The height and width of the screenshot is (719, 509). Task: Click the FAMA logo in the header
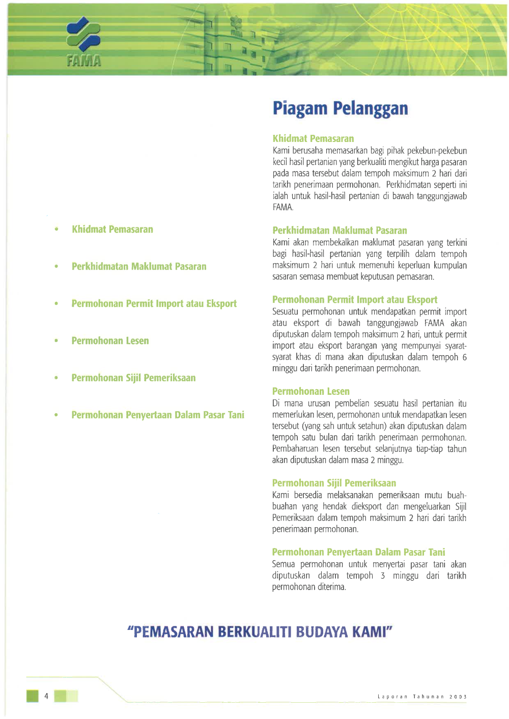83,42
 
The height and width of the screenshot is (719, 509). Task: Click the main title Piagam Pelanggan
340,108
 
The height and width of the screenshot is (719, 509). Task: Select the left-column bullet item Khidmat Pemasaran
112,229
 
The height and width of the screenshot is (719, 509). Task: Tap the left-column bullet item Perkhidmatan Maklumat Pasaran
139,267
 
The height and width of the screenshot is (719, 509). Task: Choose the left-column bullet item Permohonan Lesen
110,341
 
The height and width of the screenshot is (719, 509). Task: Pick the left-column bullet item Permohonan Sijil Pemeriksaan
133,378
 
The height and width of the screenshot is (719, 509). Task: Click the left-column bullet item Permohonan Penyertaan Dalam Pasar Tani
158,415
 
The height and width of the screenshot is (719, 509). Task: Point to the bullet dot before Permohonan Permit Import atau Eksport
56,304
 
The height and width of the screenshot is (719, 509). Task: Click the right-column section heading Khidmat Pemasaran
313,138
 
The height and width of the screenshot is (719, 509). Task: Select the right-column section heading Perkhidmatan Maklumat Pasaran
340,231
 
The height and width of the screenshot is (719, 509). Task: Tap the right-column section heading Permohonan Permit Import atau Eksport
355,300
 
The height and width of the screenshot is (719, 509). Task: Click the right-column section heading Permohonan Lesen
310,391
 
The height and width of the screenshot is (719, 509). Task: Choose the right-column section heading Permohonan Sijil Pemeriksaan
334,483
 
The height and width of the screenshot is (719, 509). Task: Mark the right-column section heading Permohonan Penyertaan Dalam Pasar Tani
358,552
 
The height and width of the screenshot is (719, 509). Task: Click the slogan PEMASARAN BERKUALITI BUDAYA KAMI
260,632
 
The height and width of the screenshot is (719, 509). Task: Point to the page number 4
46,696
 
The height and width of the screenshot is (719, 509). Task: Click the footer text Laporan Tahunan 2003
422,697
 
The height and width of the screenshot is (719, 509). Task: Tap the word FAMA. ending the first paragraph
282,208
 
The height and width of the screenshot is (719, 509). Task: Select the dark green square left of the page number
33,696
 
